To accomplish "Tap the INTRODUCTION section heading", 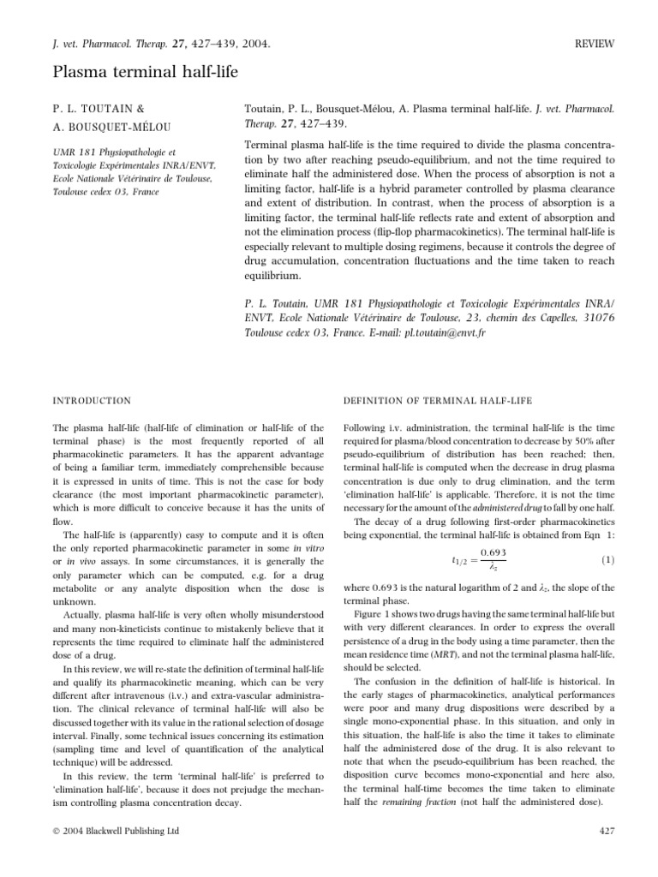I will click(92, 401).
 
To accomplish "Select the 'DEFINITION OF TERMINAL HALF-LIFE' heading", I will click(436, 401).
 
